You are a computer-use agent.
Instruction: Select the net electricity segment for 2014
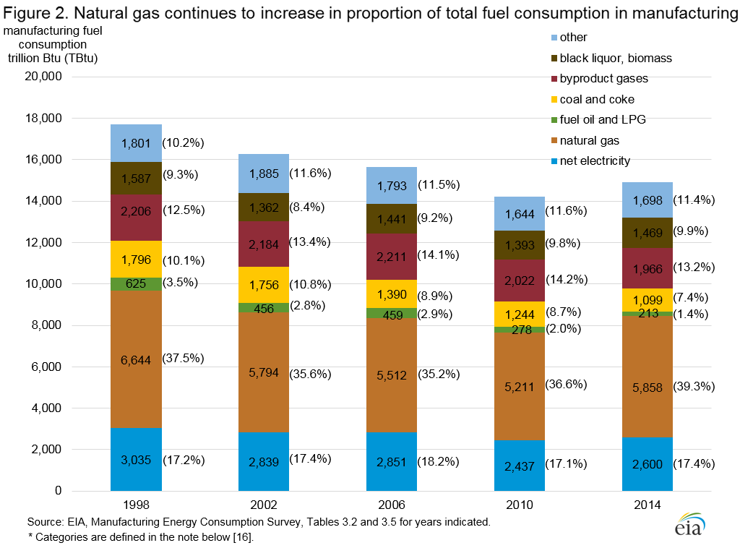(646, 464)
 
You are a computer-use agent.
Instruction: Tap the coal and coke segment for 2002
(264, 285)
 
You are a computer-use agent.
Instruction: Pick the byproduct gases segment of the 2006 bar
(391, 257)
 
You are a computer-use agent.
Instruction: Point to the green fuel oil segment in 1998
(136, 284)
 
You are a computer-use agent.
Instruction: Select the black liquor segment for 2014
(646, 233)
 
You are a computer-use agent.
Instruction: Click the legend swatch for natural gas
(554, 140)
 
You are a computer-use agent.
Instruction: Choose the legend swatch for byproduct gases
(554, 78)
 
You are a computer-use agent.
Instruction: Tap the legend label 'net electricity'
(595, 160)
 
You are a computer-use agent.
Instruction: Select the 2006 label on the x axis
(391, 504)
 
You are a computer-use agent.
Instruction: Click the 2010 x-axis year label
(519, 504)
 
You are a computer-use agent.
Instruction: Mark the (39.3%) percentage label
(694, 388)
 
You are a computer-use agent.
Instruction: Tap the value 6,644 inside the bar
(136, 360)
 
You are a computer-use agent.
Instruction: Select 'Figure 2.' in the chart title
(35, 12)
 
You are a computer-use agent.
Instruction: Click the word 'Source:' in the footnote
(46, 521)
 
